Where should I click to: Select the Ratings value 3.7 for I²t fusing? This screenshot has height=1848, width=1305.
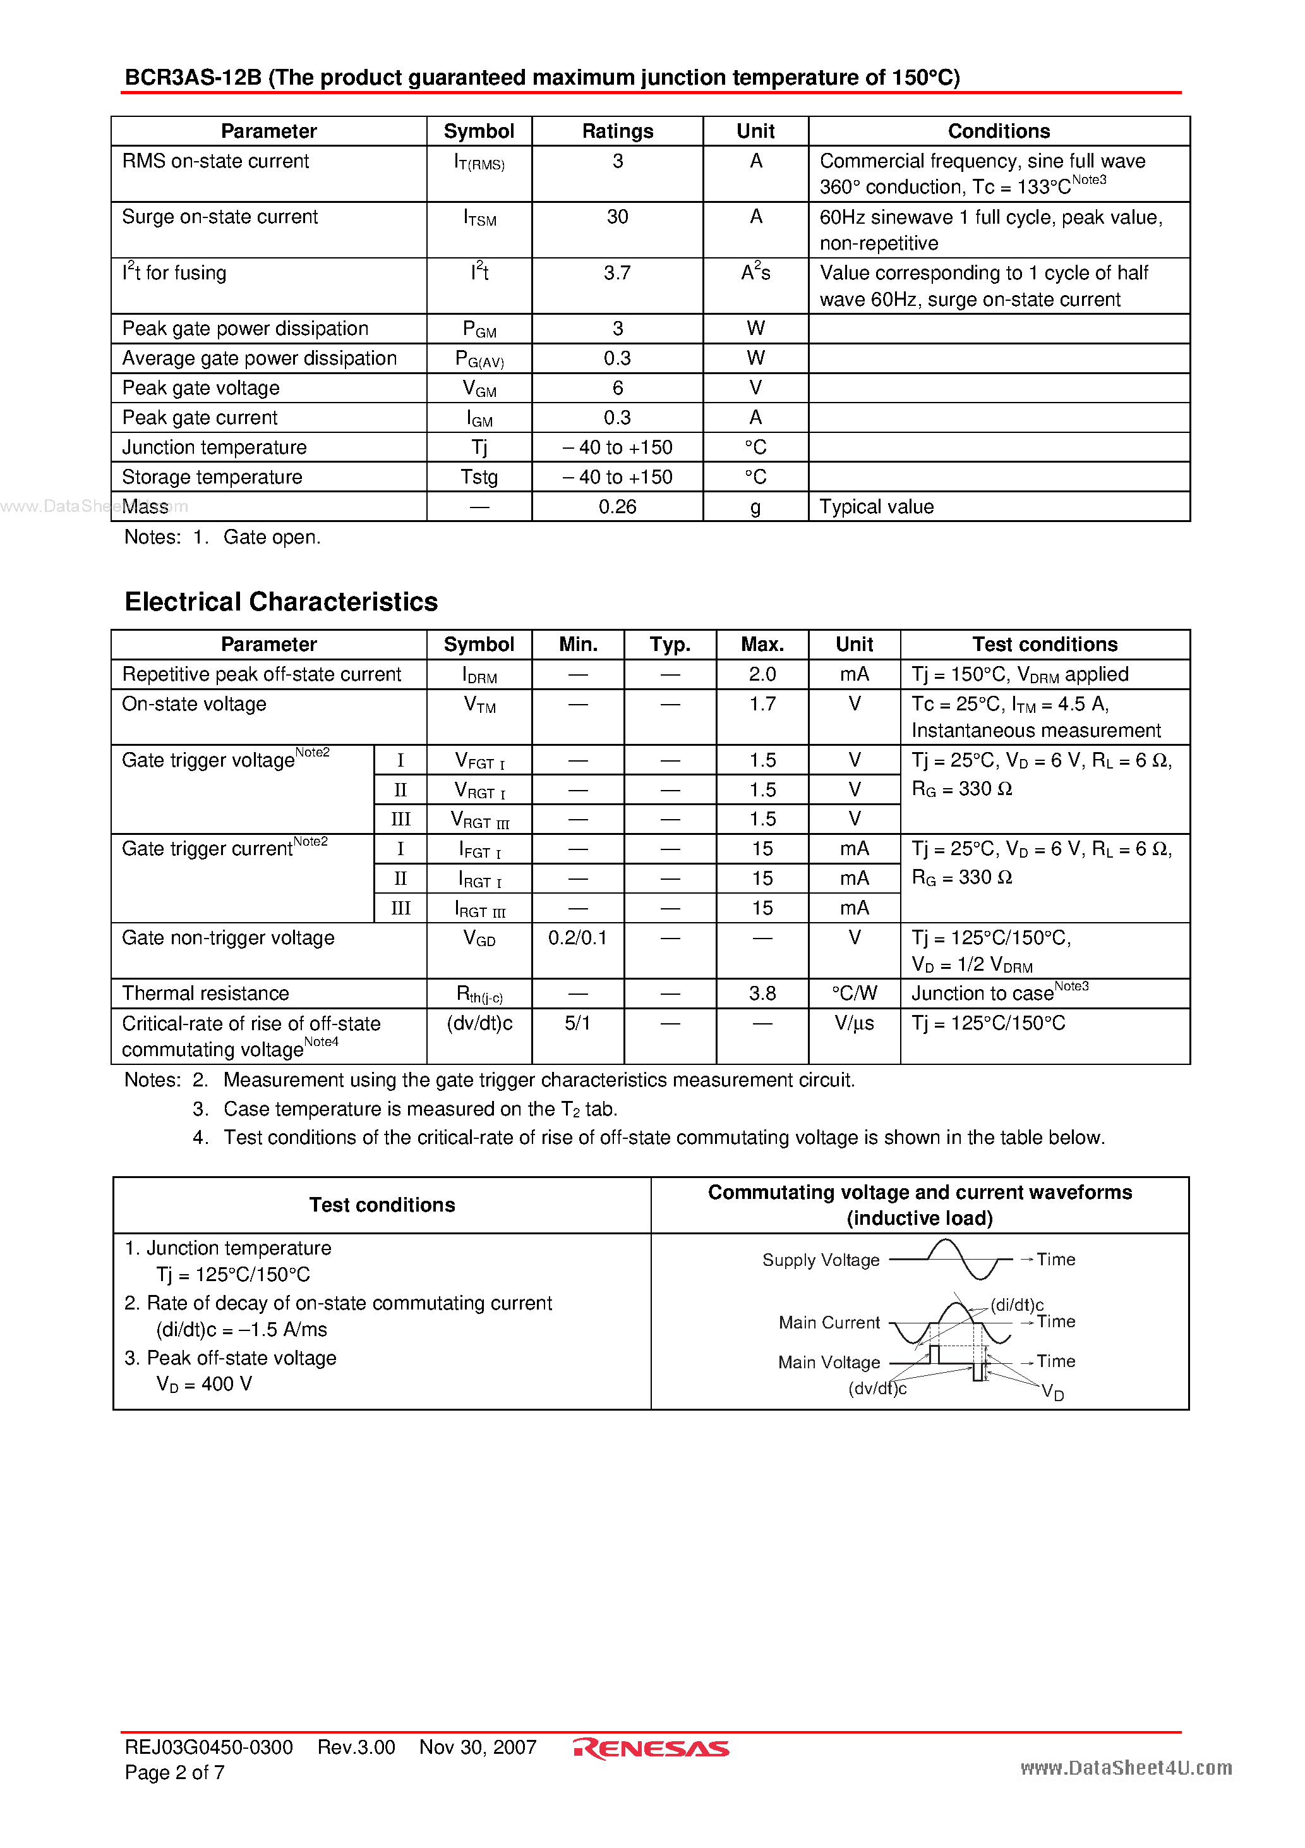(617, 274)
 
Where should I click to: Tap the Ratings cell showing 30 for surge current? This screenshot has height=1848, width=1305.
(617, 217)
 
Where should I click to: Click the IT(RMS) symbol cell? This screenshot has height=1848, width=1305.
(479, 162)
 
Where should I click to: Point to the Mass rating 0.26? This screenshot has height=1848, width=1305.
(617, 507)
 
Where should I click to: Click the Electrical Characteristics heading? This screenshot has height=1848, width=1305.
(281, 601)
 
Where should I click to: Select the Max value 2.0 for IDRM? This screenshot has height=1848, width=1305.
(762, 674)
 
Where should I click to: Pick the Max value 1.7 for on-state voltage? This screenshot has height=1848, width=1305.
(762, 704)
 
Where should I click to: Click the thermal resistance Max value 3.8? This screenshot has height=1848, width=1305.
(762, 994)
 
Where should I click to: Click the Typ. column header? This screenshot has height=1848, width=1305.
(670, 645)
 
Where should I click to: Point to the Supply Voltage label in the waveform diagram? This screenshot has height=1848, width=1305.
(821, 1260)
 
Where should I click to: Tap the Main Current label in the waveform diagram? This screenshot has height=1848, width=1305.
(829, 1322)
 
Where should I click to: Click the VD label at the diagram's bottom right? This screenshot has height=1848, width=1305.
(1052, 1392)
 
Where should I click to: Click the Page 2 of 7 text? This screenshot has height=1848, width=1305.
(174, 1772)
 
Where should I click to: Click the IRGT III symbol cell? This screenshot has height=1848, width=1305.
(479, 909)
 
